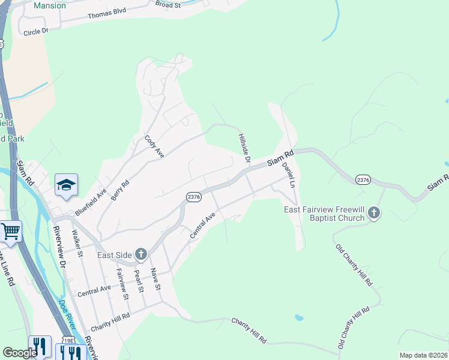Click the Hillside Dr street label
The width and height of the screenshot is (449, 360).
(244, 148)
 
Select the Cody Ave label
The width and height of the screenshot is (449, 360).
(154, 146)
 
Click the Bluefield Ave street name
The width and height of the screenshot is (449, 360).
(91, 202)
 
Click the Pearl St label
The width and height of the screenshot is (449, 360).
(139, 281)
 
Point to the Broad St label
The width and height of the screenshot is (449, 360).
(167, 4)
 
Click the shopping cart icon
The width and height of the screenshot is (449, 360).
(10, 231)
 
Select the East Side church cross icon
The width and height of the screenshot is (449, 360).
(141, 255)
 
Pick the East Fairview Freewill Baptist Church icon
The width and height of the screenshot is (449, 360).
(374, 213)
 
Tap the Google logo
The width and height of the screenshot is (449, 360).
(20, 353)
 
